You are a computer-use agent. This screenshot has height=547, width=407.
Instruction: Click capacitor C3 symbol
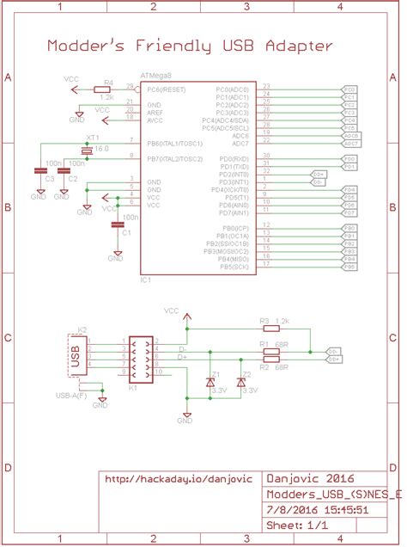[x=40, y=170]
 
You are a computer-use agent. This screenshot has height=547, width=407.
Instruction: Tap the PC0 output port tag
[x=349, y=89]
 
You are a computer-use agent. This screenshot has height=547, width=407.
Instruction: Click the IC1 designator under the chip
[x=145, y=280]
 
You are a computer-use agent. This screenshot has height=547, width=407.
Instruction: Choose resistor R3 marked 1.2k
[x=271, y=328]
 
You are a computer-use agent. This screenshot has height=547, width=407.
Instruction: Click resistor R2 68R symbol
[x=271, y=359]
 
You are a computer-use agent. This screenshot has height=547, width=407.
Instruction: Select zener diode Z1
[x=211, y=381]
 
